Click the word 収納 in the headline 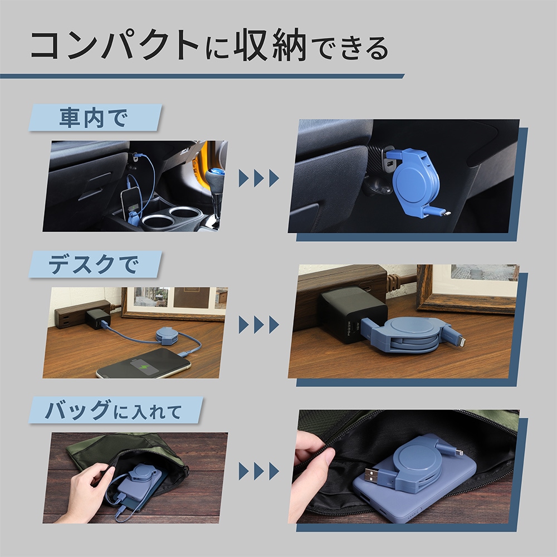pyautogui.click(x=270, y=46)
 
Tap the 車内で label pyautogui.click(x=93, y=118)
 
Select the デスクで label pyautogui.click(x=93, y=265)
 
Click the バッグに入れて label pyautogui.click(x=113, y=411)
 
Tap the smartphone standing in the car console pyautogui.click(x=131, y=205)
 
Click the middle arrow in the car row pyautogui.click(x=259, y=178)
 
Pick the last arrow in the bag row pyautogui.click(x=274, y=471)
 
